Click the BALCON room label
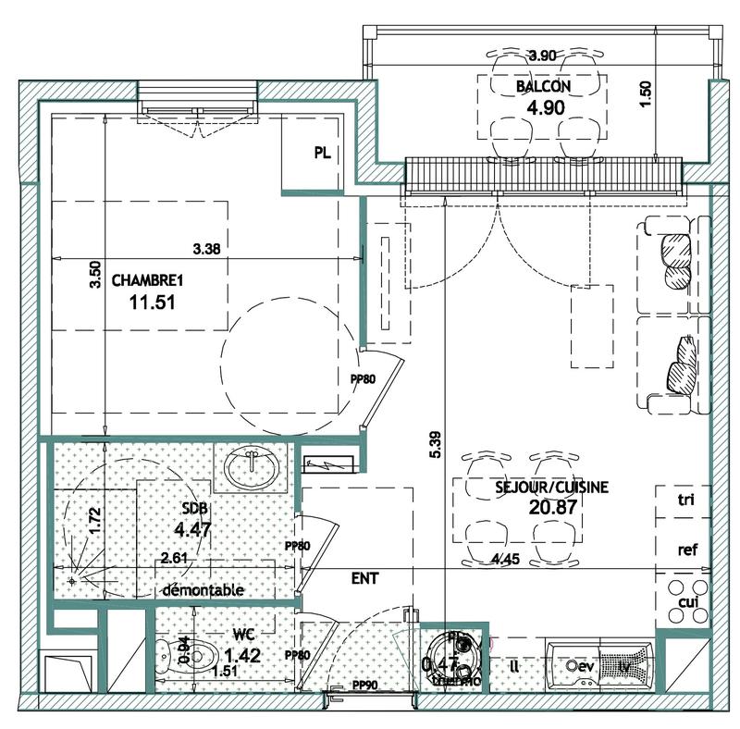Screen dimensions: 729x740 (543, 87)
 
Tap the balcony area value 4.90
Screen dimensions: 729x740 (545, 106)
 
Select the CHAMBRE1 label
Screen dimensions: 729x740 (146, 280)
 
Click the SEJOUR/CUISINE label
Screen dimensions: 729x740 (539, 488)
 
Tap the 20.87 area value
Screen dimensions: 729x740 (539, 509)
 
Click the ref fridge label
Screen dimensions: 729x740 (686, 549)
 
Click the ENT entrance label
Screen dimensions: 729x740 (364, 577)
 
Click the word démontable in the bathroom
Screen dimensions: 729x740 (203, 589)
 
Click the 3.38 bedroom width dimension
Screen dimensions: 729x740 (205, 248)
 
